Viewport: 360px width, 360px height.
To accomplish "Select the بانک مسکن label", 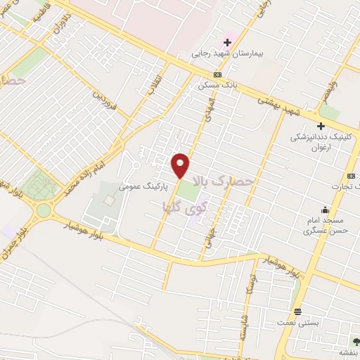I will (x=219, y=84).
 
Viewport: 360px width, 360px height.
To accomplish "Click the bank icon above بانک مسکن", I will (x=218, y=75).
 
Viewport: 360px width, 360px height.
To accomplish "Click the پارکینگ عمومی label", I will (x=141, y=187).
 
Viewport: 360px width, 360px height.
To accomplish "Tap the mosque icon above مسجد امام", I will (x=324, y=210).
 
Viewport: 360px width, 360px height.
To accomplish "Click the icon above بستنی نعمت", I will (x=298, y=311).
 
